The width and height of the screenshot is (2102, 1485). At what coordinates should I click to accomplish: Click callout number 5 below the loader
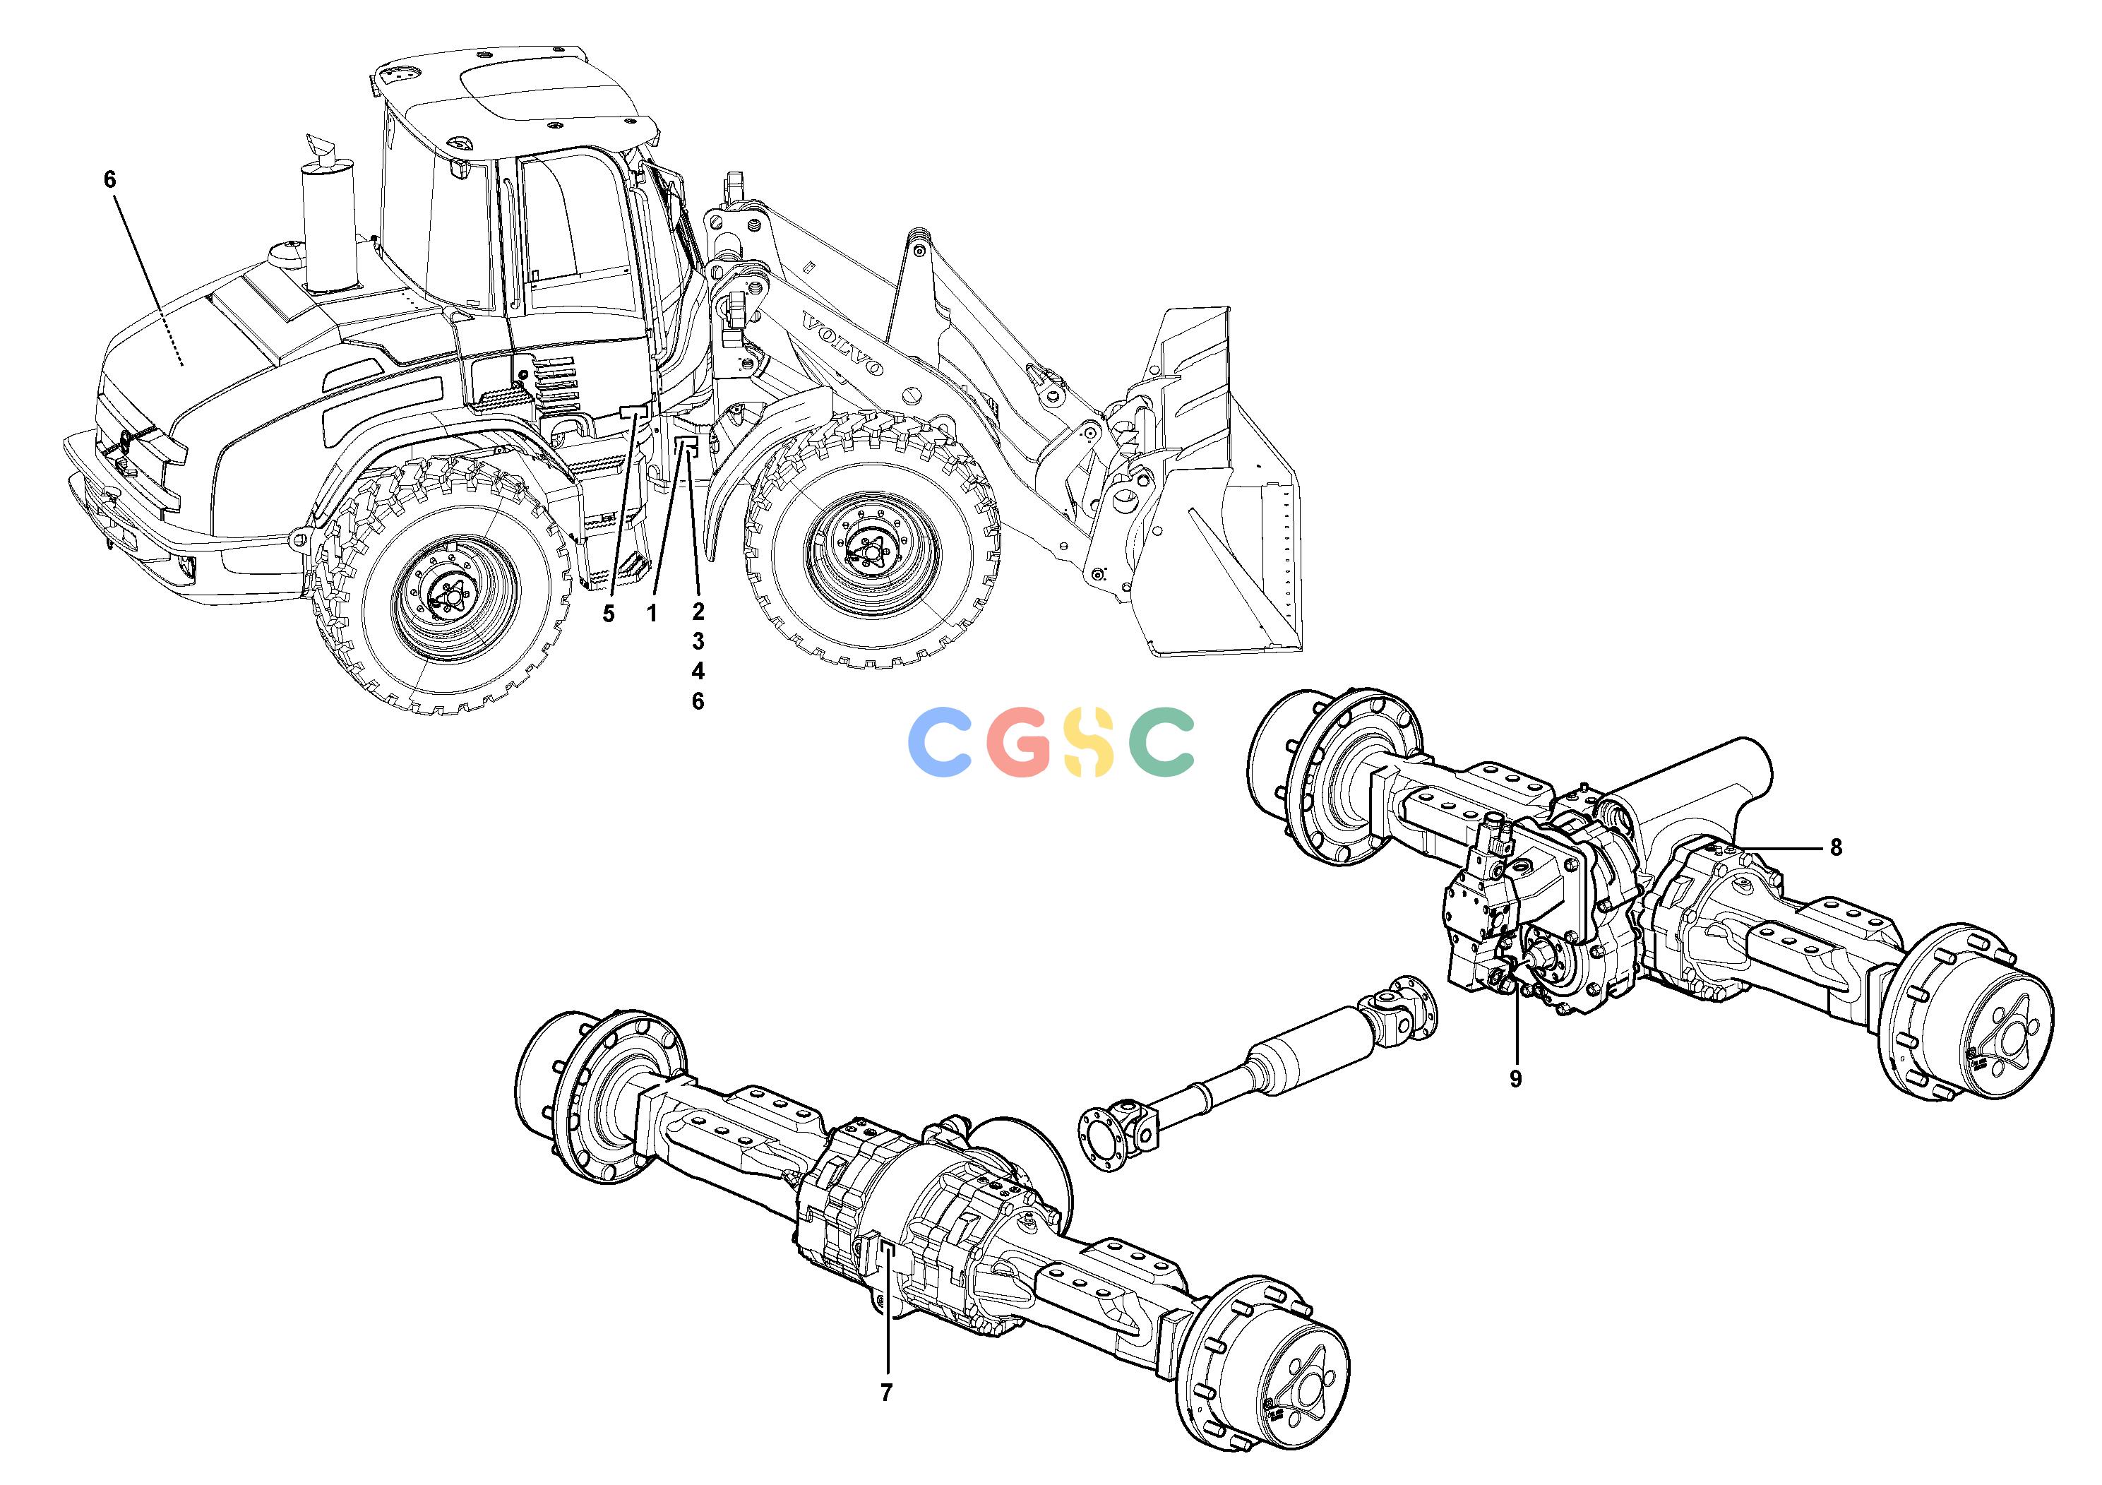pos(609,614)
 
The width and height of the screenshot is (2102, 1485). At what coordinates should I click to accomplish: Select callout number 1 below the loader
pos(652,614)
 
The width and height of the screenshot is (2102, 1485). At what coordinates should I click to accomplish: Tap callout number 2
pos(698,612)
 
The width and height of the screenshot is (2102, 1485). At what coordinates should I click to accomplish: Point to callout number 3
pos(698,642)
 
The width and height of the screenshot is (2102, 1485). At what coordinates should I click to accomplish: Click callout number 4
pos(698,672)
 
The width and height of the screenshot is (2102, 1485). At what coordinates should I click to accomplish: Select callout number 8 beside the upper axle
pos(1836,848)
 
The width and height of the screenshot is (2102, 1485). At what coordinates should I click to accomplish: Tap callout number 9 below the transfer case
pos(1515,1080)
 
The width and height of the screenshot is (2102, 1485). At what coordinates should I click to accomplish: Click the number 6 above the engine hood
pos(110,179)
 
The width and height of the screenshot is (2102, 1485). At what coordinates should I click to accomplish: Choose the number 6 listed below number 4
pos(698,702)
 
